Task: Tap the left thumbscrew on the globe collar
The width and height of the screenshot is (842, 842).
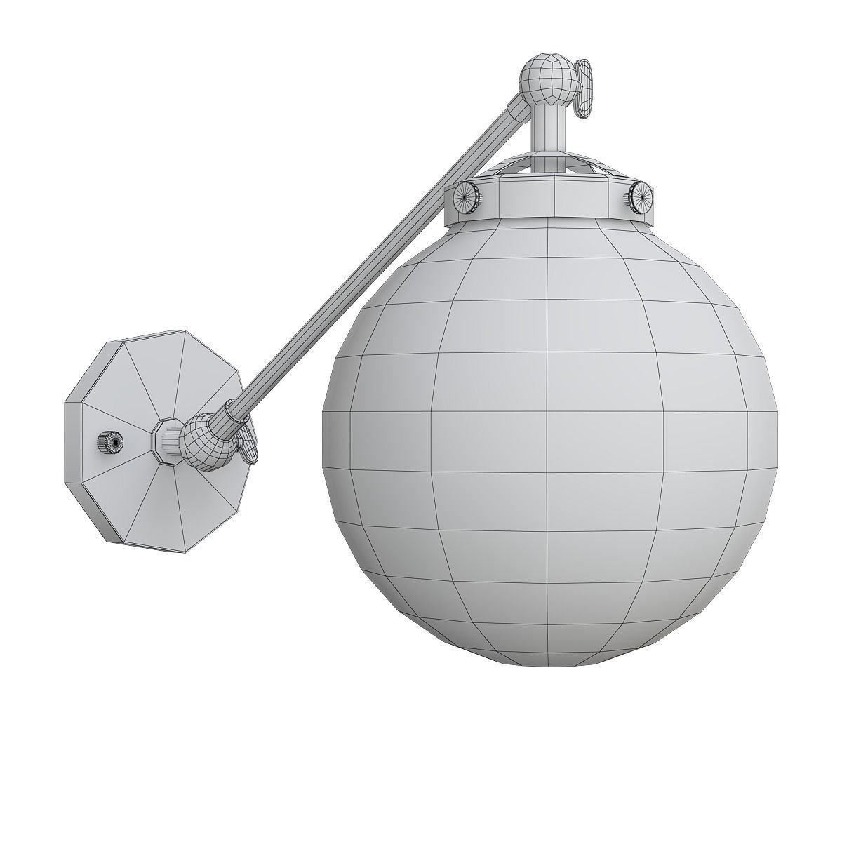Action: coord(467,199)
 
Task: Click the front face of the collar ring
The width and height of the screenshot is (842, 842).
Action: coord(554,196)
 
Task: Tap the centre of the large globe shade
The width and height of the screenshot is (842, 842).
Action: coord(547,435)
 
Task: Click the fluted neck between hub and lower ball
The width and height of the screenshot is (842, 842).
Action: coord(175,441)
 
